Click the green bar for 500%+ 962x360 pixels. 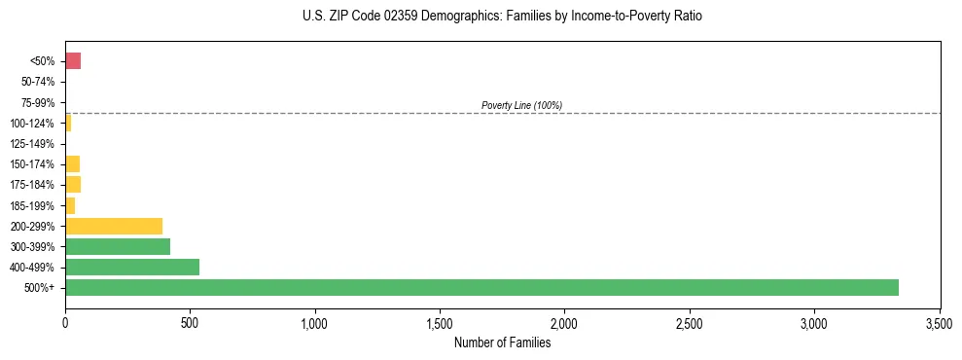481,287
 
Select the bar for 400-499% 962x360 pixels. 132,267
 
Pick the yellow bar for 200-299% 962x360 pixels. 114,226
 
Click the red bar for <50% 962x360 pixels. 73,61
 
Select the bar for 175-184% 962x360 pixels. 73,184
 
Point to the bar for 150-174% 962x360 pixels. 72,163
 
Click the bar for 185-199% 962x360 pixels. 70,205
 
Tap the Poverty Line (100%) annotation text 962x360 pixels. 521,105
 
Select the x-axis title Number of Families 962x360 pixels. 502,342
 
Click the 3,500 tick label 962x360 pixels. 940,322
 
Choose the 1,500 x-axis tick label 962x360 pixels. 440,322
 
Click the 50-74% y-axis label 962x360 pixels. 39,82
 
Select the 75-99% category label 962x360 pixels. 39,102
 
